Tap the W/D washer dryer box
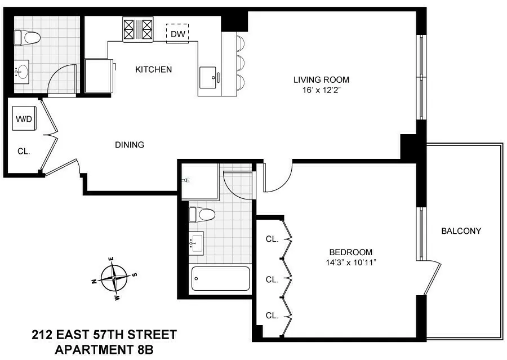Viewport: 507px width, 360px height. pos(24,119)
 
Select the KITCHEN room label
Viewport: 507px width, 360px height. pos(153,70)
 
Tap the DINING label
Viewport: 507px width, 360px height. pos(130,145)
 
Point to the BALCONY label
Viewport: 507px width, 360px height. pos(461,231)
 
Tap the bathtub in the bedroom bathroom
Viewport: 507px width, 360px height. pos(220,278)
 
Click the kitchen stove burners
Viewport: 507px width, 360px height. pos(138,28)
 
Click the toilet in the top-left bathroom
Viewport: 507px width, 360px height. pos(28,38)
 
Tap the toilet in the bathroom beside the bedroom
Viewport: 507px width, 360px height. pos(203,215)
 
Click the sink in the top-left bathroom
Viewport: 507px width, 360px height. pos(23,72)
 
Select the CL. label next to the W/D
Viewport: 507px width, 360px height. pos(23,151)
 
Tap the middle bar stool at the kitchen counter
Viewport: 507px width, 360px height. pos(239,61)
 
